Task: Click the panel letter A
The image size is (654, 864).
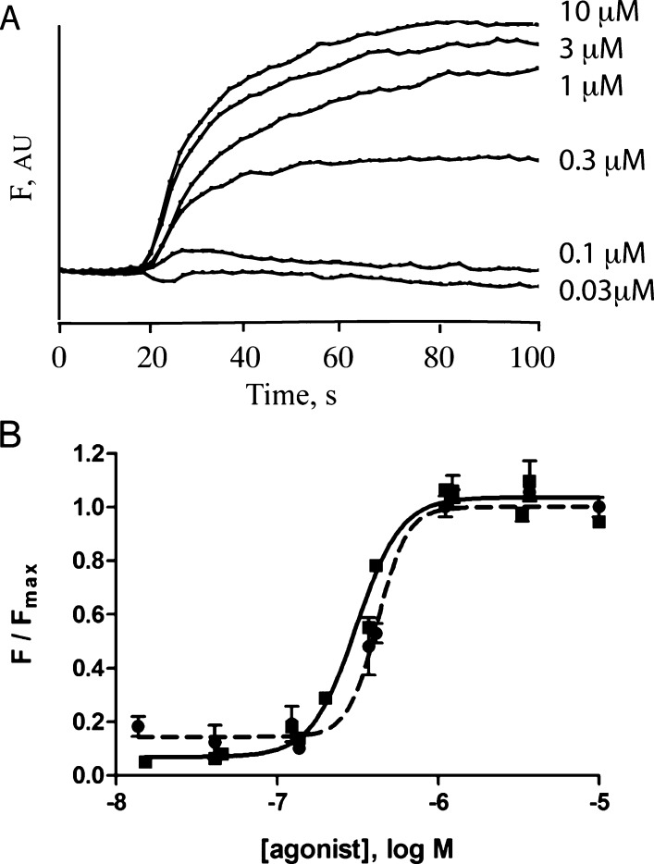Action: (x=12, y=18)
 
